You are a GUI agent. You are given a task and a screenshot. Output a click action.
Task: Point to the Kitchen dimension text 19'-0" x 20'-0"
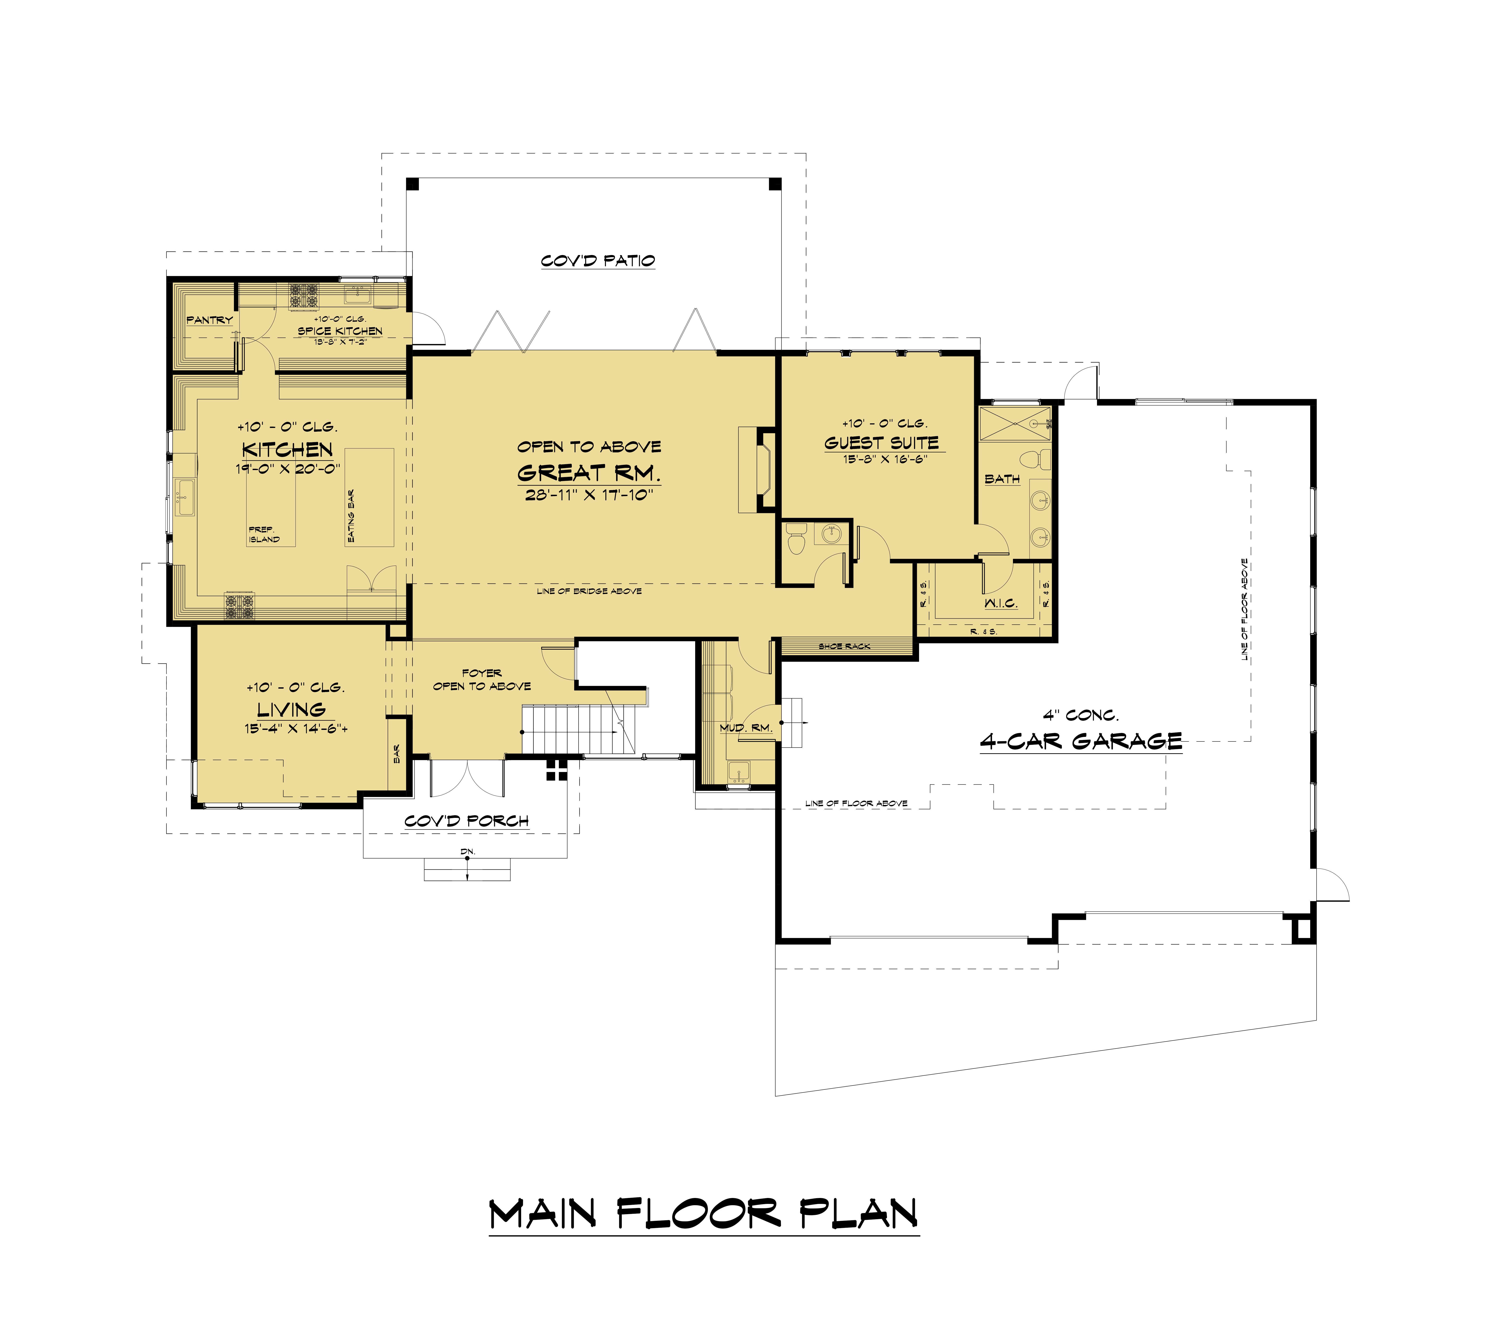(288, 469)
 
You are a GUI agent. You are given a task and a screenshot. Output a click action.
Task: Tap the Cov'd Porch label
(467, 821)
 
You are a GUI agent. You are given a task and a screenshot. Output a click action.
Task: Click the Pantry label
(209, 320)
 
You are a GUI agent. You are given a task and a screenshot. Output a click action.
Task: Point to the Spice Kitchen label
(340, 331)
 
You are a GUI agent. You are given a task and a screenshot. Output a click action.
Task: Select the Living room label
(291, 709)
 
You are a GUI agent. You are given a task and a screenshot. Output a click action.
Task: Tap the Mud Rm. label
(746, 728)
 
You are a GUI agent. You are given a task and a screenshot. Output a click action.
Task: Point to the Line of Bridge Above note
(589, 591)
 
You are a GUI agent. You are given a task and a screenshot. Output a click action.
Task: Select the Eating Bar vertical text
(351, 517)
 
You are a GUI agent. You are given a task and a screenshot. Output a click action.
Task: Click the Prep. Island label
(264, 534)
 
